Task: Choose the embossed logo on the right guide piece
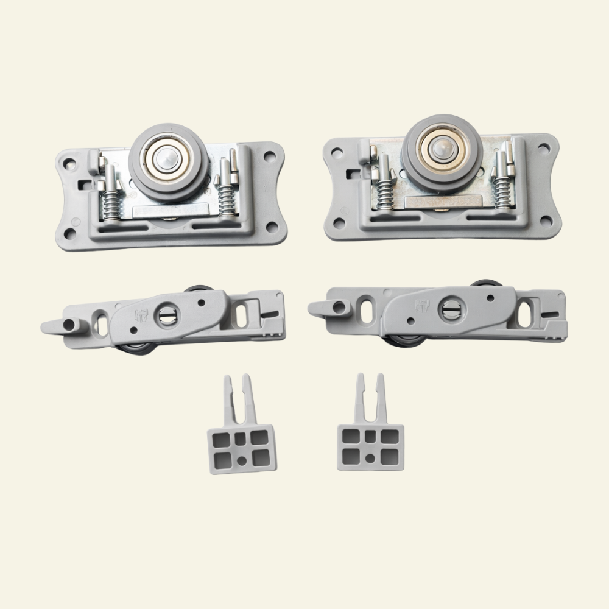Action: point(423,305)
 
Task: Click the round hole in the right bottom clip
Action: point(370,456)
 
